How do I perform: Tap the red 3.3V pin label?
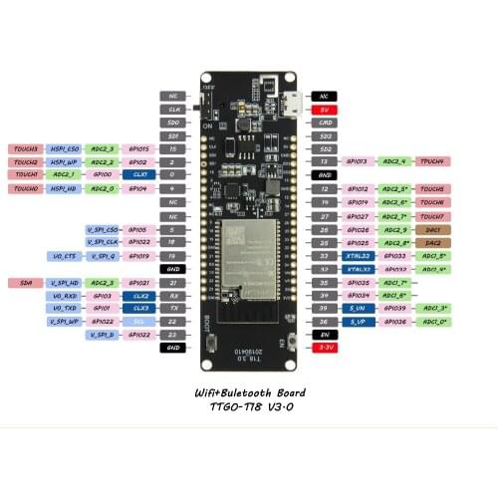[324, 348]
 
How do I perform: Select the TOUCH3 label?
[26, 147]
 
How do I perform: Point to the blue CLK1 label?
[140, 174]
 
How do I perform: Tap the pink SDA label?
[26, 283]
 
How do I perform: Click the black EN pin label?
[324, 335]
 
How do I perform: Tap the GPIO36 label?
[396, 322]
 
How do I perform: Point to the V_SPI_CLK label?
[103, 242]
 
